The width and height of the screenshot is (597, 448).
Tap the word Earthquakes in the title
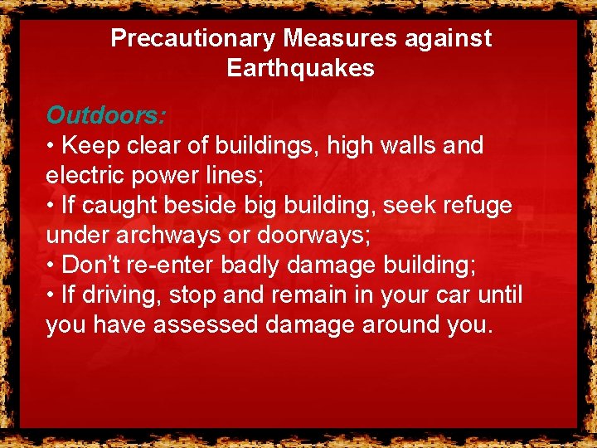(x=301, y=68)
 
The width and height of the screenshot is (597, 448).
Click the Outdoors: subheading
(x=106, y=114)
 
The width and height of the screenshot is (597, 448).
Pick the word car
(x=438, y=295)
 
